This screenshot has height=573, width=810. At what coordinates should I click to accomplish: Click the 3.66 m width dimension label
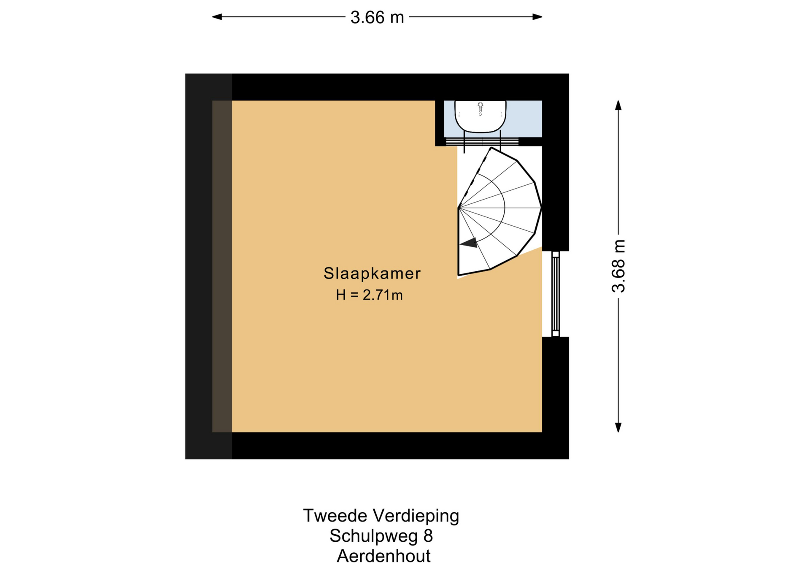click(377, 17)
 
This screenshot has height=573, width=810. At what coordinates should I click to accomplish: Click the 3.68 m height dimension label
click(618, 266)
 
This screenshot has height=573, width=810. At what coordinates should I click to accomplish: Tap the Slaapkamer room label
click(372, 273)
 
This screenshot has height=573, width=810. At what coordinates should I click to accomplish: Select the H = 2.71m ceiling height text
click(369, 295)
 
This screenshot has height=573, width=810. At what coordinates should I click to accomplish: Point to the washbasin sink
click(480, 116)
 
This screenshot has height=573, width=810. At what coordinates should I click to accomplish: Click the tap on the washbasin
click(480, 108)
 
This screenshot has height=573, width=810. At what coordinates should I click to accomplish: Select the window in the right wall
click(556, 294)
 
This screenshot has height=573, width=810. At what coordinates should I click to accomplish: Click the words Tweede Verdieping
click(381, 516)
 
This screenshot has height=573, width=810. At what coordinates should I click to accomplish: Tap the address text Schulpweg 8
click(381, 536)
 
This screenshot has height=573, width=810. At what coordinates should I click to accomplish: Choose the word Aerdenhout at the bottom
click(383, 556)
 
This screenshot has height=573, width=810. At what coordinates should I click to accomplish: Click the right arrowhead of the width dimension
click(537, 17)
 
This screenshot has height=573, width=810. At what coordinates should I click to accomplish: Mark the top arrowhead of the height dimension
click(618, 105)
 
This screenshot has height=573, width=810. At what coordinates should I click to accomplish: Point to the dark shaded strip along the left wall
click(222, 266)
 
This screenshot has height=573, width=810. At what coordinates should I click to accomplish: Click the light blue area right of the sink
click(524, 118)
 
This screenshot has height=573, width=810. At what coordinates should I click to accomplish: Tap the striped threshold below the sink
click(482, 141)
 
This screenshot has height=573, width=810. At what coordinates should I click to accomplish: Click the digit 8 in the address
click(428, 536)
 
